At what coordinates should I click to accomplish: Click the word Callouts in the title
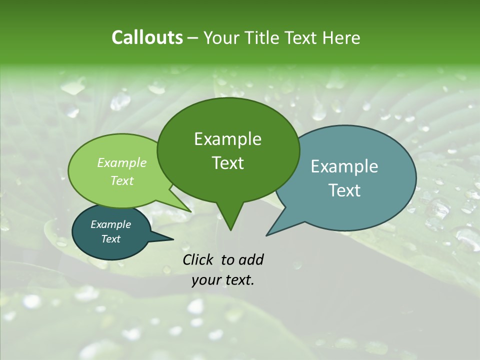click(x=147, y=37)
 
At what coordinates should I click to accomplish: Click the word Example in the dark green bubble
click(x=227, y=139)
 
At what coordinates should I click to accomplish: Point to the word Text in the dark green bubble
click(x=227, y=163)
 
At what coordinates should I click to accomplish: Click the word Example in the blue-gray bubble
click(x=344, y=166)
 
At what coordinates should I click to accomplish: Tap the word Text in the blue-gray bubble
click(x=344, y=190)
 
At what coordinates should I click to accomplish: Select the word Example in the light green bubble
click(x=122, y=162)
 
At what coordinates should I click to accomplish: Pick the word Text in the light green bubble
click(x=122, y=180)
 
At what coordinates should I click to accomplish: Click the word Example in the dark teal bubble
click(x=111, y=224)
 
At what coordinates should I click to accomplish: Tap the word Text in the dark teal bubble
click(x=111, y=239)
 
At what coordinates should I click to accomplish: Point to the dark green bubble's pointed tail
click(x=230, y=222)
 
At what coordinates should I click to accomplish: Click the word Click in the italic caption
click(x=199, y=259)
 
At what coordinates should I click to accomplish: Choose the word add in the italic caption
click(x=251, y=259)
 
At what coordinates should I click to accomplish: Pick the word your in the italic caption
click(x=205, y=280)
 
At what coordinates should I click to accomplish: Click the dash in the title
click(x=193, y=38)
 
